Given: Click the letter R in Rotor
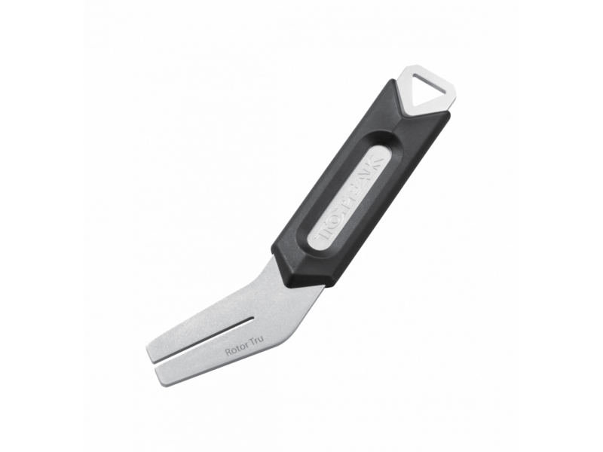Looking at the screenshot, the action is (228, 352).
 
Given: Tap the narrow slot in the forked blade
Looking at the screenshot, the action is (204, 341).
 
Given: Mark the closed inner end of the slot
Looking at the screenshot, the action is (253, 319).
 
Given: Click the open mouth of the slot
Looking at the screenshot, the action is (155, 362).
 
